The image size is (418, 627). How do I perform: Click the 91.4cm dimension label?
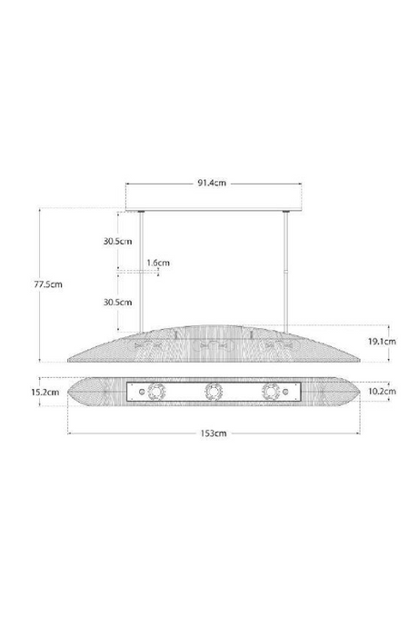(x=212, y=184)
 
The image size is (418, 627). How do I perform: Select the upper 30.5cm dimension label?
(x=117, y=241)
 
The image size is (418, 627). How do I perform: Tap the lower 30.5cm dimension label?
(x=117, y=302)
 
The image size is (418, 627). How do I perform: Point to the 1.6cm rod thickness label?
(x=158, y=263)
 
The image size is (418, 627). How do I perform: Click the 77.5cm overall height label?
(x=48, y=284)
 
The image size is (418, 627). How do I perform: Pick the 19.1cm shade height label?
(x=382, y=341)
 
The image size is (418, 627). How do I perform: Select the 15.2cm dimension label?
(x=45, y=392)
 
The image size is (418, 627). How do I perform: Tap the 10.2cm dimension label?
(x=382, y=391)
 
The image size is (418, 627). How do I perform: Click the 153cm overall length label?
(x=214, y=433)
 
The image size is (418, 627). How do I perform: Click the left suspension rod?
(x=141, y=273)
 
